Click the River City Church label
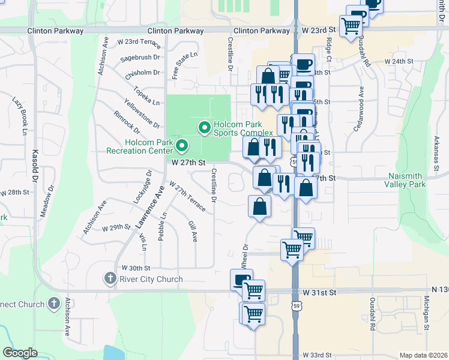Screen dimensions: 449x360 click(151, 279)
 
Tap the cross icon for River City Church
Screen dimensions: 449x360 click(109, 278)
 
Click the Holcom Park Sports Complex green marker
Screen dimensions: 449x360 click(204, 127)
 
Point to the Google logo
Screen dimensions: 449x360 click(20, 353)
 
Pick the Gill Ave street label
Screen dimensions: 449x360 click(192, 230)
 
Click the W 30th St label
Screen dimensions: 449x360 click(136, 268)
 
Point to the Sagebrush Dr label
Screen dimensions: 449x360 click(140, 58)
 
